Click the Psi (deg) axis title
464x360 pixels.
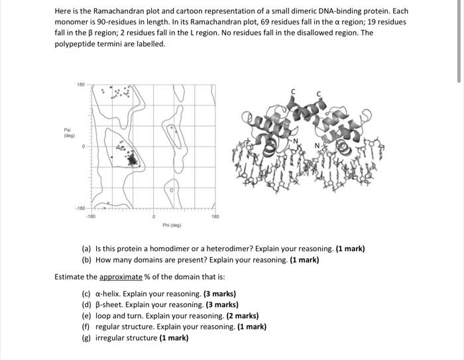[68, 133]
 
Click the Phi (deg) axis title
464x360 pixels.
[172, 225]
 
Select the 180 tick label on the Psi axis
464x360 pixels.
[81, 85]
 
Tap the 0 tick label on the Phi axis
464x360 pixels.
[154, 216]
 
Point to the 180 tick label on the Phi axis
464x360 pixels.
[214, 216]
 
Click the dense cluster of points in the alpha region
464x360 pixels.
[131, 158]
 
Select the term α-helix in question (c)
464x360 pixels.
[109, 294]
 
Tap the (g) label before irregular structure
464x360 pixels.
[86, 337]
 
